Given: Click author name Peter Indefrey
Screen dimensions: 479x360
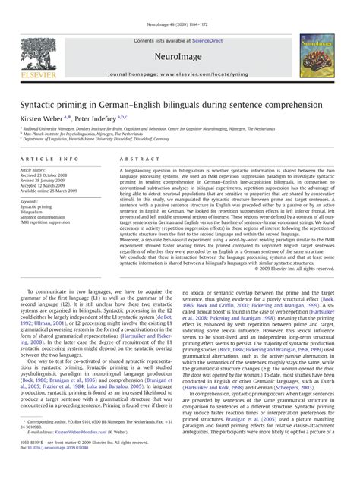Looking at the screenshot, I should coord(106,118).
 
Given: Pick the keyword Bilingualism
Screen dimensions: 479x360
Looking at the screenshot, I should coord(35,212).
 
